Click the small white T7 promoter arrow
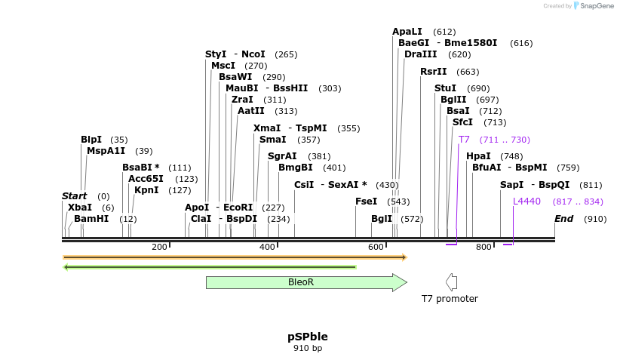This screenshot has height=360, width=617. click(x=452, y=282)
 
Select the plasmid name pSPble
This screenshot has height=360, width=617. click(x=308, y=336)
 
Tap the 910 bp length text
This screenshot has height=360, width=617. click(x=308, y=348)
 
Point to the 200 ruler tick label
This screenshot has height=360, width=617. click(x=159, y=247)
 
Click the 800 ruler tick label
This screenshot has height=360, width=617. click(x=483, y=247)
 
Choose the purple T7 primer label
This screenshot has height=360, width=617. click(x=464, y=140)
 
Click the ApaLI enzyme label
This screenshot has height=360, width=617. click(x=407, y=32)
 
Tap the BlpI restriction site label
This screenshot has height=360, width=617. click(x=91, y=140)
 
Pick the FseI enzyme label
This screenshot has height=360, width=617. click(x=367, y=202)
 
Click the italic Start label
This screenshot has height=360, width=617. click(x=75, y=196)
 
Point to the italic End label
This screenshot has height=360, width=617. click(x=564, y=219)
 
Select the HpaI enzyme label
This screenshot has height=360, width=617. click(x=478, y=156)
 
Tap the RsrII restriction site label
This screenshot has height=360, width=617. click(x=434, y=72)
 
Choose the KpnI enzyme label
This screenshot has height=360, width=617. click(x=146, y=190)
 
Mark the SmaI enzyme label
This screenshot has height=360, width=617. click(x=272, y=140)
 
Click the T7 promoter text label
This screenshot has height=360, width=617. click(x=450, y=298)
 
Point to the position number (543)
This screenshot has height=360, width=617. click(x=398, y=202)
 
